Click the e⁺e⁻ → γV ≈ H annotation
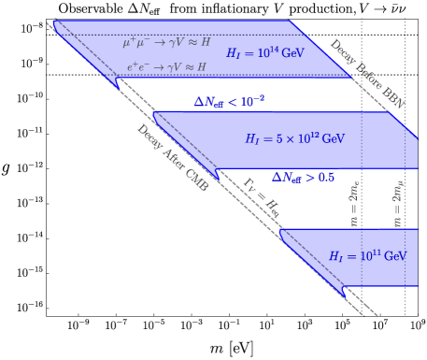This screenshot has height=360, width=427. pyautogui.click(x=166, y=67)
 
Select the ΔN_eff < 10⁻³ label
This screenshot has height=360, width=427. pyautogui.click(x=229, y=101)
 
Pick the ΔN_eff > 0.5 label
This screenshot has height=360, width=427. pyautogui.click(x=303, y=176)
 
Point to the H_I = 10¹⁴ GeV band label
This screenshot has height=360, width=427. pyautogui.click(x=265, y=53)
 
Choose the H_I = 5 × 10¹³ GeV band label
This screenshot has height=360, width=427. pyautogui.click(x=294, y=138)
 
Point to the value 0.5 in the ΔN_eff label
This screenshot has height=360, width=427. pyautogui.click(x=323, y=176)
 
